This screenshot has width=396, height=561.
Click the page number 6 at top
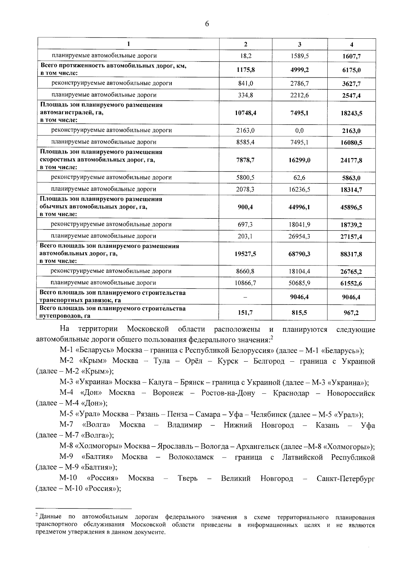(x=207, y=24)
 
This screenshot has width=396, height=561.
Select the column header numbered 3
(x=299, y=44)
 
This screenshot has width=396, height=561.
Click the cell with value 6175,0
(x=351, y=70)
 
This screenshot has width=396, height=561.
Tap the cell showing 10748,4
(x=246, y=113)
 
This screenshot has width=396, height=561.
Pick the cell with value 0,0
(x=299, y=131)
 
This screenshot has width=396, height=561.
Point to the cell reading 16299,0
(x=299, y=160)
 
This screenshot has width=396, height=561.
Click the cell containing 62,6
(x=299, y=178)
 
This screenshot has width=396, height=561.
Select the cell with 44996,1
(x=299, y=207)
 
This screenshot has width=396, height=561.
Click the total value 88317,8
(x=351, y=254)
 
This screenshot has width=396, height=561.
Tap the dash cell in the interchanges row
(x=246, y=297)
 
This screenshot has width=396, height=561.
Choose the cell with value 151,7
(x=246, y=312)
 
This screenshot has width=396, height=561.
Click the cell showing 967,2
(x=351, y=312)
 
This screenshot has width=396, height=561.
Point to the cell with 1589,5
(x=299, y=56)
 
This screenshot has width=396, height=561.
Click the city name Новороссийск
(x=351, y=393)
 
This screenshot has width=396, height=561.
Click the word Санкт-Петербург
(x=346, y=479)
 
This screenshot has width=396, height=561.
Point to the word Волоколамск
(x=191, y=458)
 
